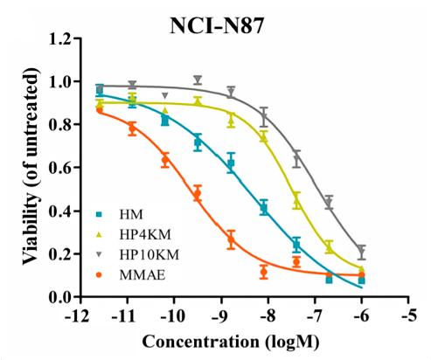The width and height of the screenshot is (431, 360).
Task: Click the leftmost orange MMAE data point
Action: [x=100, y=109]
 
